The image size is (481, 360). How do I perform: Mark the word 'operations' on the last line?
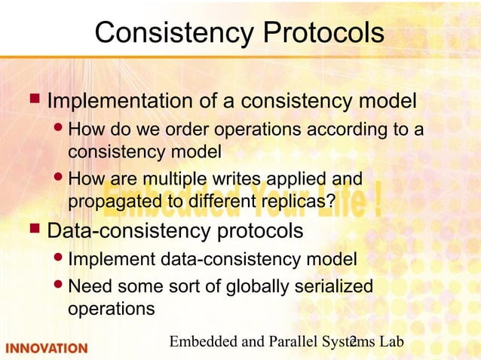(112, 309)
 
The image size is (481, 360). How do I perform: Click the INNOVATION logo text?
(47, 348)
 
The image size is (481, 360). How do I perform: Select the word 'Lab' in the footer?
(391, 343)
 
